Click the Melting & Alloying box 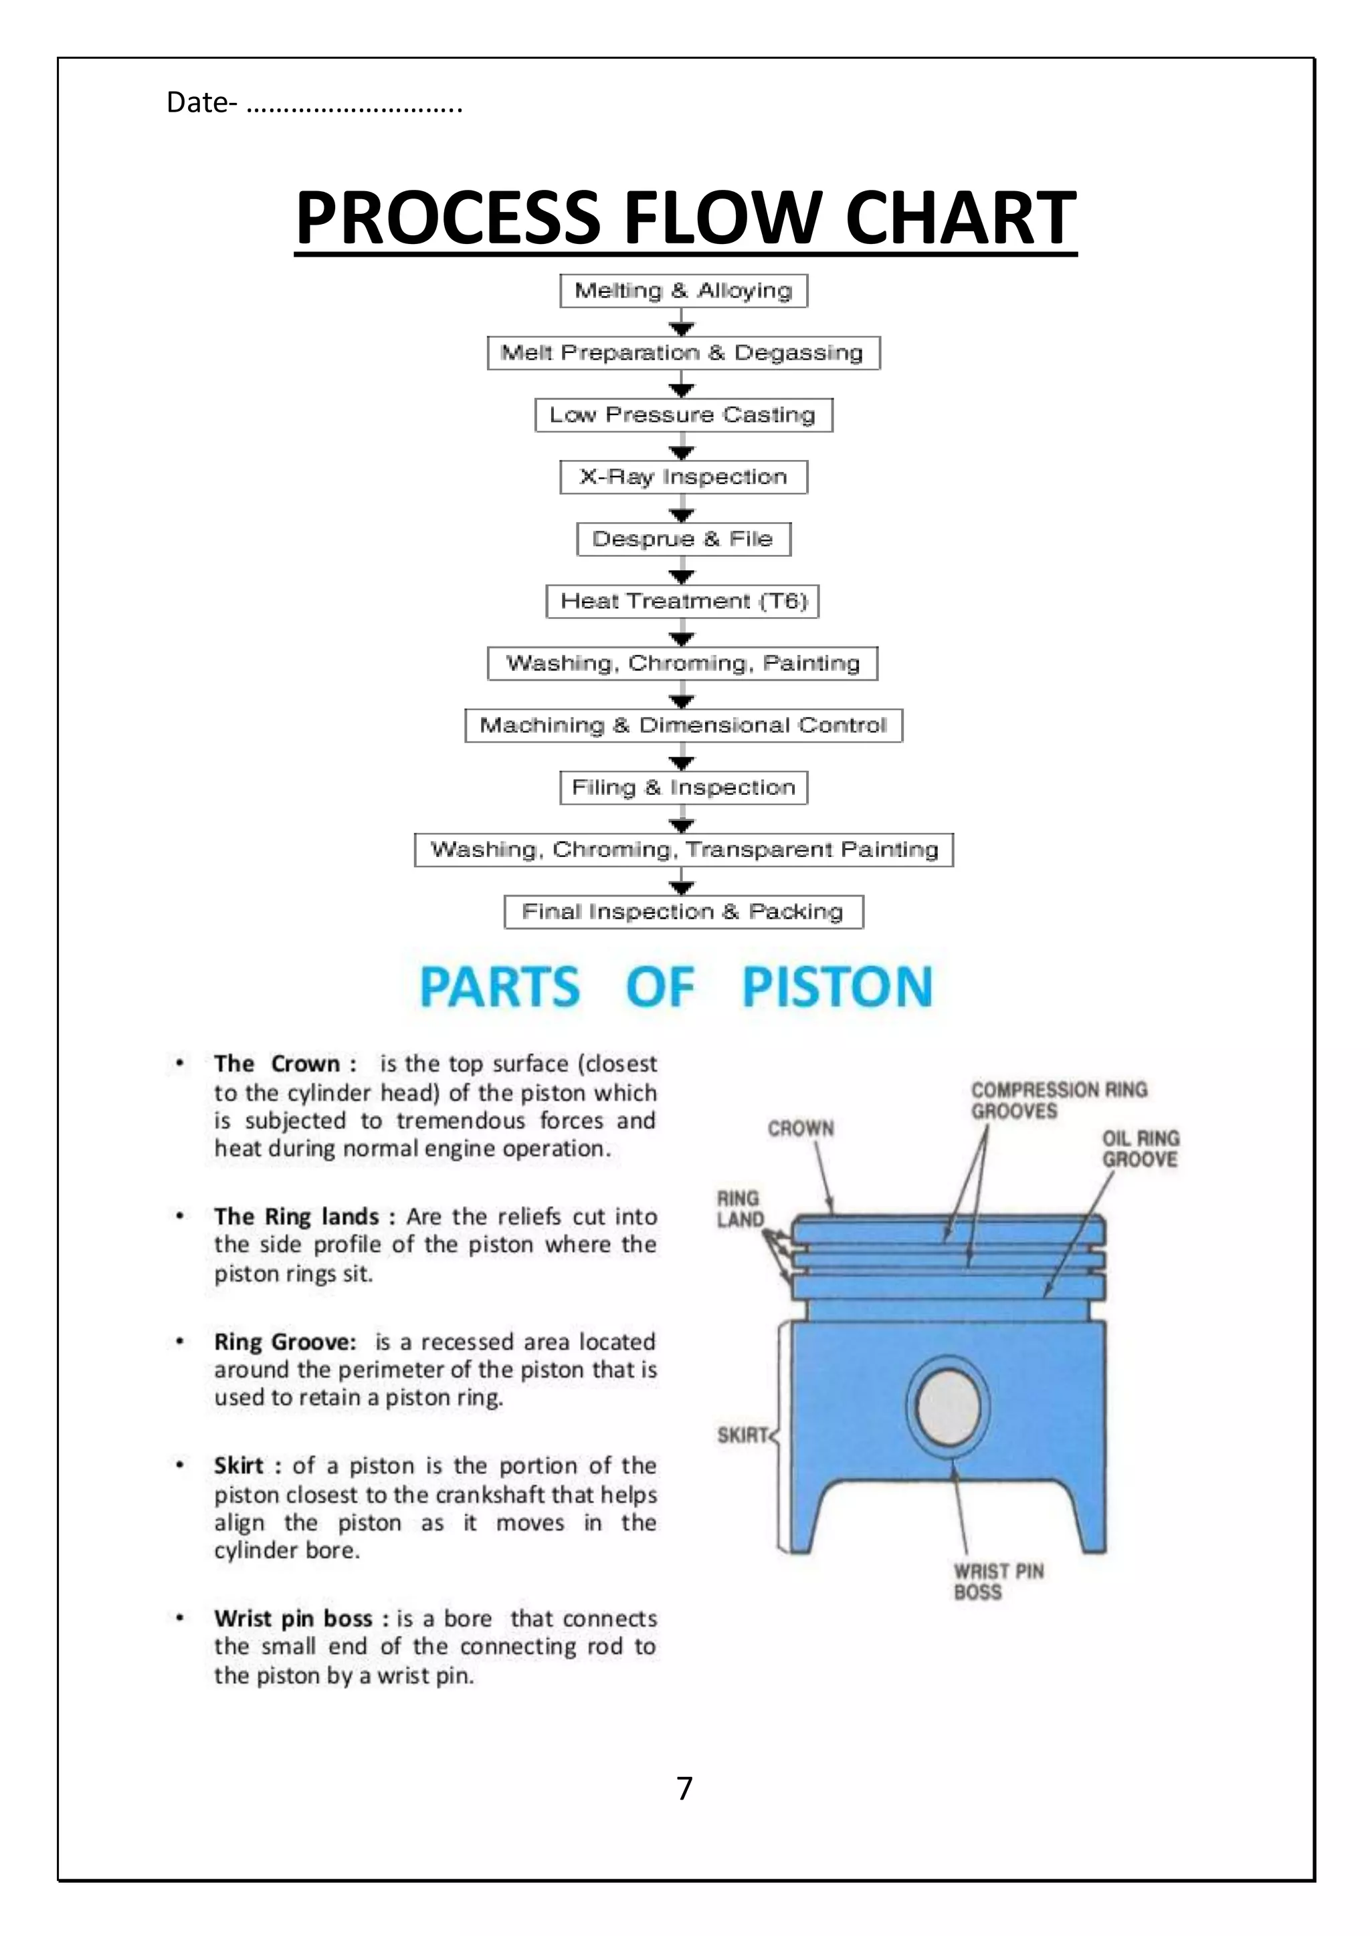(x=683, y=290)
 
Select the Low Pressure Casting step (x=683, y=415)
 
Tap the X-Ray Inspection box (x=683, y=477)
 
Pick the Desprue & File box (x=683, y=539)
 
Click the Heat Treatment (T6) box (x=683, y=601)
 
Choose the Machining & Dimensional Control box (x=683, y=725)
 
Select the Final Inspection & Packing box (x=683, y=911)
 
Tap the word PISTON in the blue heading (x=837, y=987)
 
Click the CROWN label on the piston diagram (x=801, y=1128)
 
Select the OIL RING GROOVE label (x=1140, y=1148)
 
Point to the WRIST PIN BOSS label (x=998, y=1582)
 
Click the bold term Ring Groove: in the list (x=285, y=1342)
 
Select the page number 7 (x=684, y=1788)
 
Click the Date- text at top (x=201, y=103)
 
